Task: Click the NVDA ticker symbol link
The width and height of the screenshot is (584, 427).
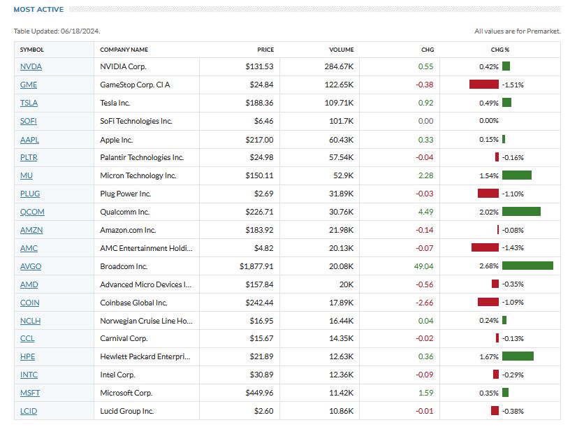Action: pos(31,66)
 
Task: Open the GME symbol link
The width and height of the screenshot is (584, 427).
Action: pos(29,85)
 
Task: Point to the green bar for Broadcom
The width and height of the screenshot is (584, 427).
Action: pos(527,266)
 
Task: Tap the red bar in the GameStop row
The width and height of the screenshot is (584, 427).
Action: pos(483,85)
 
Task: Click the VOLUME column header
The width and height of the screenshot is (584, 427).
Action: pos(342,50)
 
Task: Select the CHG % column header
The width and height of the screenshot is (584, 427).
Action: pos(500,50)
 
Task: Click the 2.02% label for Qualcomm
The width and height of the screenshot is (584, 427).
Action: pos(489,212)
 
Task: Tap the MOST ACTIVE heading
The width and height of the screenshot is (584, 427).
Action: pos(38,10)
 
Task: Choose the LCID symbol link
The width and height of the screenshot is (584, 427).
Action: pos(29,412)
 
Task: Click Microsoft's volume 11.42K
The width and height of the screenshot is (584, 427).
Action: pos(341,393)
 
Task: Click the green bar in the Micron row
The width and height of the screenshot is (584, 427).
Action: pos(516,175)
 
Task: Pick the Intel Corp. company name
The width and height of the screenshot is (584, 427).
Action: pos(117,375)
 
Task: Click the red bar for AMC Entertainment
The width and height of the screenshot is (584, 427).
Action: pos(485,248)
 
